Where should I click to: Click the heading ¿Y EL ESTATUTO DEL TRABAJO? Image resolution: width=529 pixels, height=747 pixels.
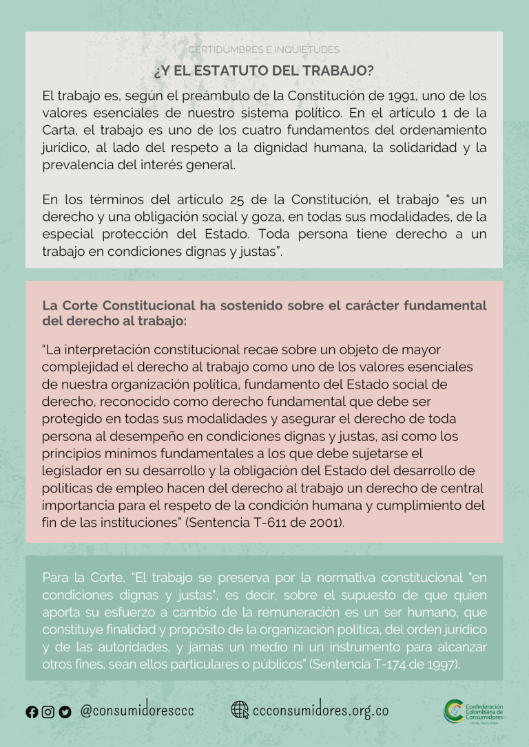tap(264, 71)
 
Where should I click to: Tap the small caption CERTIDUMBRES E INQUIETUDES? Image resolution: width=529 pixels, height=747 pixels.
tap(264, 50)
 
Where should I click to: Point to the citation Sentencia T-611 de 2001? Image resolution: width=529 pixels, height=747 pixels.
tap(278, 522)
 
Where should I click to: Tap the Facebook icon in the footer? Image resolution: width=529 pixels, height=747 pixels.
tap(32, 712)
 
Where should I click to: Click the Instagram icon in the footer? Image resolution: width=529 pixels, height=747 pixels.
tap(48, 712)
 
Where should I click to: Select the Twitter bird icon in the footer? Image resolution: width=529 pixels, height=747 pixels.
tap(65, 712)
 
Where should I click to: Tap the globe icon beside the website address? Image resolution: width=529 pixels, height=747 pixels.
tap(240, 710)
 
